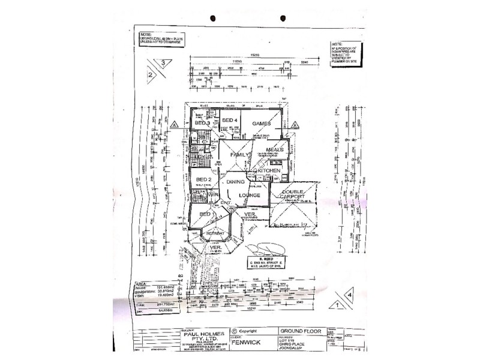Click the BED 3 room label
click(x=202, y=123)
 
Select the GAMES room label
click(x=262, y=123)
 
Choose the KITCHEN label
click(x=269, y=171)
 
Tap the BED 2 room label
click(x=203, y=179)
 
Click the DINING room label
click(x=236, y=181)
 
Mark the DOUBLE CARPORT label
click(x=289, y=196)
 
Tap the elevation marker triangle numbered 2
click(x=149, y=76)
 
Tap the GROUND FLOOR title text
click(x=301, y=331)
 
